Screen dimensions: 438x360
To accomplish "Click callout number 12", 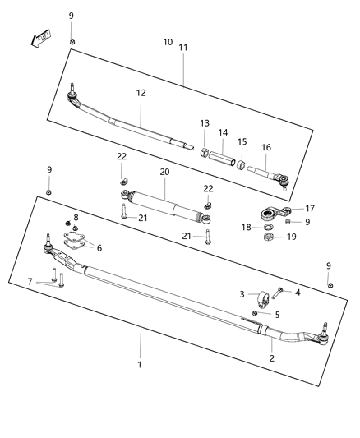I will [141, 93].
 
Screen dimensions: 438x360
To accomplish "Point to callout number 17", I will [310, 209].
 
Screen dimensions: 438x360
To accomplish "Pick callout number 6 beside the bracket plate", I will [99, 247].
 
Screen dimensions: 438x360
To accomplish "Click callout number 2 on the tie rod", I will [273, 358].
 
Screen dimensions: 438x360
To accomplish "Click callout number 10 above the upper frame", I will [167, 41].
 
